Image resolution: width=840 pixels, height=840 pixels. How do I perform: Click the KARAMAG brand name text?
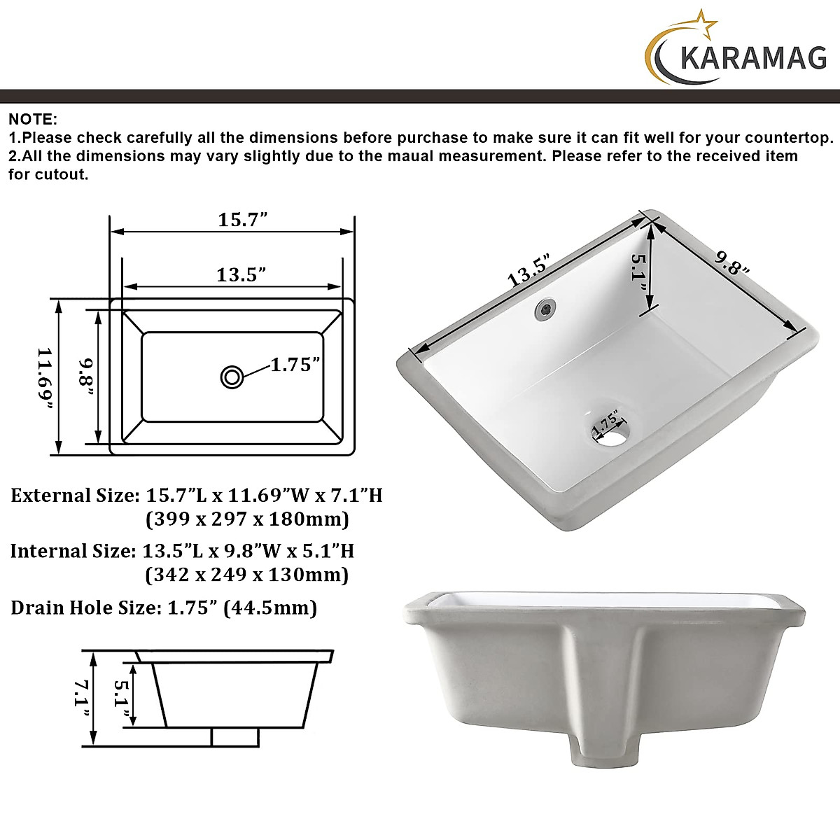(753, 58)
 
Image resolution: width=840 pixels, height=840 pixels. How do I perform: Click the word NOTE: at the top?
(33, 119)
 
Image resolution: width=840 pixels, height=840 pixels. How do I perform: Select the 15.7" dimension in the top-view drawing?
(243, 219)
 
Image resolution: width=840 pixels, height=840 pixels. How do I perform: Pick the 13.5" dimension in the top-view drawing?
(241, 274)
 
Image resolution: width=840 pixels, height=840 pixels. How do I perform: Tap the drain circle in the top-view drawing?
(232, 377)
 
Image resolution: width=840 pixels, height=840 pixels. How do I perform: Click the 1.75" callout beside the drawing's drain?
(295, 364)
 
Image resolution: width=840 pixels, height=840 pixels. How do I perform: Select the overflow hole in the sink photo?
(545, 309)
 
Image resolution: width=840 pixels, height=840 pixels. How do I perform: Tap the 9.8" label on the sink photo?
(732, 263)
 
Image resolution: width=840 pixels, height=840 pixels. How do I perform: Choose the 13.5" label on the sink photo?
(529, 272)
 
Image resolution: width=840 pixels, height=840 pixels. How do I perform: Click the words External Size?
(72, 496)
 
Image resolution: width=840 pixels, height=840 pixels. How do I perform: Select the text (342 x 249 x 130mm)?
(246, 575)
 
